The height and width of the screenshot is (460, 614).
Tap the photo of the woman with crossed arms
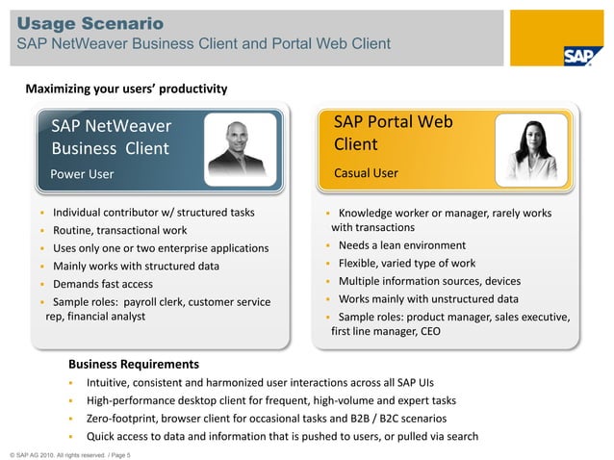coord(532,151)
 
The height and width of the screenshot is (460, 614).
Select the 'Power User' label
coord(82,174)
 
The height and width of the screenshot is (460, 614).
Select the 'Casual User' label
coord(366,173)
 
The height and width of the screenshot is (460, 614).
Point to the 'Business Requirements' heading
coord(134,364)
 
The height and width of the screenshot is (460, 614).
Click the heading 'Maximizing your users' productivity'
coord(126,89)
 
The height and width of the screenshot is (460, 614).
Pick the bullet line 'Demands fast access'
coord(103,284)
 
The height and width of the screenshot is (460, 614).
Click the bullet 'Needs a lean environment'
coord(402,245)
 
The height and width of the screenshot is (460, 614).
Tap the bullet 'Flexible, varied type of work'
coord(407,263)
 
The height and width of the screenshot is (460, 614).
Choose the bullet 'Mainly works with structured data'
coord(136,266)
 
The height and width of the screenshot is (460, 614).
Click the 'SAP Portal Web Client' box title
coord(393,134)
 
